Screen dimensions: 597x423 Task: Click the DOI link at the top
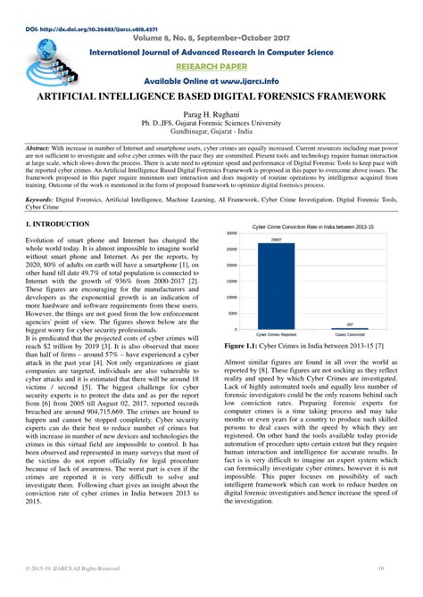(70, 6)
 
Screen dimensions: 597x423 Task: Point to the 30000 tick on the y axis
(231, 233)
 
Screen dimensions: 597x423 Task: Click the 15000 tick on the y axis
(231, 282)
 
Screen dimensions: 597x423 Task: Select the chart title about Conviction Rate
(314, 225)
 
